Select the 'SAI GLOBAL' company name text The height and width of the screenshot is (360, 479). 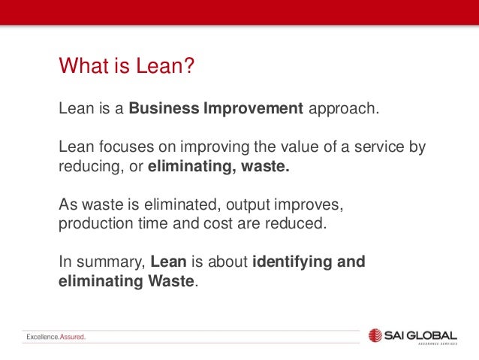[x=425, y=333]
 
